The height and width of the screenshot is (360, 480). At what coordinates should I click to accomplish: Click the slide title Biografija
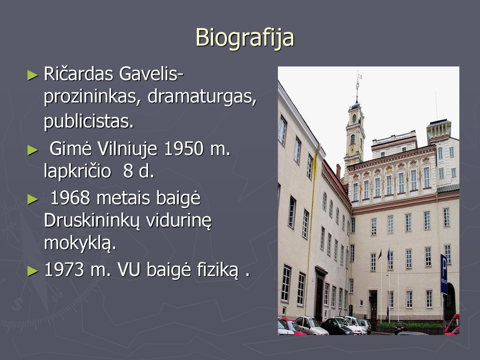click(x=245, y=38)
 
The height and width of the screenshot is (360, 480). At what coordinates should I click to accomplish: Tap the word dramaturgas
click(x=202, y=97)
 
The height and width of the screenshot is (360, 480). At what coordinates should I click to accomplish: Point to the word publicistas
click(x=89, y=121)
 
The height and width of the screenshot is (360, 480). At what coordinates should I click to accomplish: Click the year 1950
click(x=184, y=149)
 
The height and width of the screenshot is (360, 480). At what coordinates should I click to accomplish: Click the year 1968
click(x=70, y=198)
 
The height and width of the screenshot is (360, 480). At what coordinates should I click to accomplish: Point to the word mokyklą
click(x=80, y=243)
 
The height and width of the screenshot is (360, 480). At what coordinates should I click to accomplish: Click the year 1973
click(x=64, y=270)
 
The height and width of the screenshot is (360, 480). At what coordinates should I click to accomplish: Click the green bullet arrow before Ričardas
click(x=33, y=75)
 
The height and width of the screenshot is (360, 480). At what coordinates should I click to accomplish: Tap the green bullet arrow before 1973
click(x=33, y=271)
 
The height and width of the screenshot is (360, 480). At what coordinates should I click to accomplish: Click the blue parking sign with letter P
click(x=444, y=274)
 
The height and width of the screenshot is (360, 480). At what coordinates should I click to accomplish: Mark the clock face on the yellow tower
click(x=354, y=118)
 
